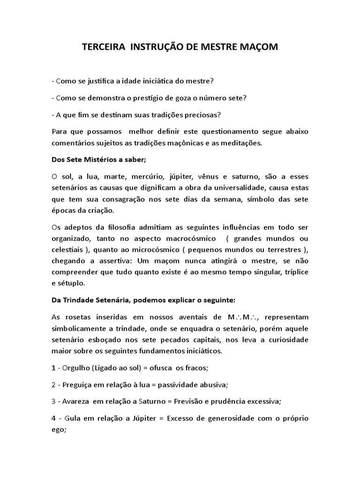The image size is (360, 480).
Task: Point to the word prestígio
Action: [x=159, y=98]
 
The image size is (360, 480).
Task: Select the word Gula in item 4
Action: [x=70, y=418]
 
